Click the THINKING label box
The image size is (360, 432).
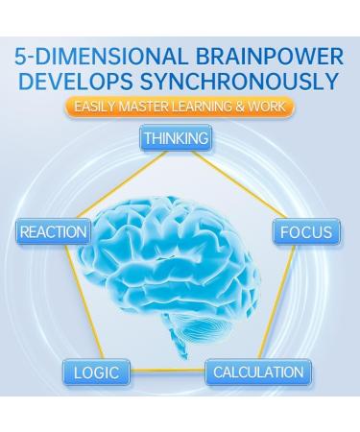coord(176,138)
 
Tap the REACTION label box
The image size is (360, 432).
coord(53,231)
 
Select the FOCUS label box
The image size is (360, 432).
coord(305,231)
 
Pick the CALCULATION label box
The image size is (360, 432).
coord(257,372)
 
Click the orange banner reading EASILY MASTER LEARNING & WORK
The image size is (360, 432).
coord(180,108)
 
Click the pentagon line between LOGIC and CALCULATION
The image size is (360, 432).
coord(168,372)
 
